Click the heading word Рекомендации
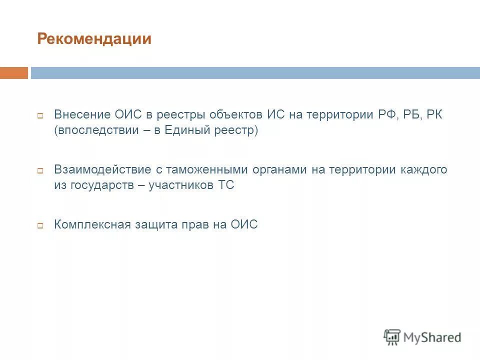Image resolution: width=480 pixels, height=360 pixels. [94, 39]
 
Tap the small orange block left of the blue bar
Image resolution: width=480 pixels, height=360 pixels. [13, 73]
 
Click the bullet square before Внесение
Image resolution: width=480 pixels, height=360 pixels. [41, 115]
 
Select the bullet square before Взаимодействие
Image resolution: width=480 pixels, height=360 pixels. [41, 170]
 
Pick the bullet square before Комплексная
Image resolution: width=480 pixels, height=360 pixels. [41, 225]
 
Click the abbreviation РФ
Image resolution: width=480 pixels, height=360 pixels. [385, 114]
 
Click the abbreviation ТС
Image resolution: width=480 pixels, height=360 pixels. [226, 185]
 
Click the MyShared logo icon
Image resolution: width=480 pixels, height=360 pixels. [392, 337]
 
